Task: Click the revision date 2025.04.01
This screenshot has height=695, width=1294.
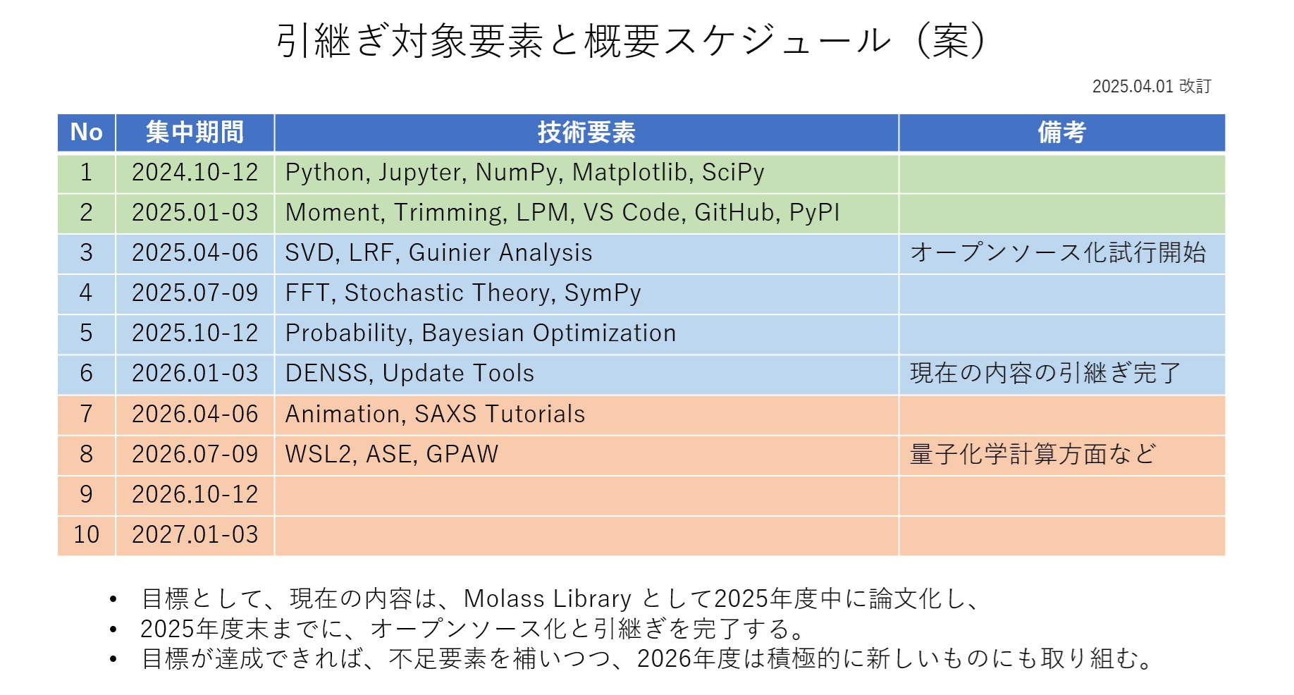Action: (1133, 86)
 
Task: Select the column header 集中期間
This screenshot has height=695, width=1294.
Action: (195, 132)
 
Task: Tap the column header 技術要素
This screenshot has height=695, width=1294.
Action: (586, 132)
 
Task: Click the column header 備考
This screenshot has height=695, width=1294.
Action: (1061, 132)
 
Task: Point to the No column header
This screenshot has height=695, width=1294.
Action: (87, 132)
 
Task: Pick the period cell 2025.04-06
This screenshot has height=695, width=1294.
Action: (195, 252)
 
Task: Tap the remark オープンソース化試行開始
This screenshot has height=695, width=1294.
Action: (1058, 252)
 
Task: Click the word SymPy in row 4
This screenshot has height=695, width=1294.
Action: (603, 293)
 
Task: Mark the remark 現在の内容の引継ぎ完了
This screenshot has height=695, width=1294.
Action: (1045, 373)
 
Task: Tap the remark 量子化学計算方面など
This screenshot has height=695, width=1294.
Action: (1033, 454)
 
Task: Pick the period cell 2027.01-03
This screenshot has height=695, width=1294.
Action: (195, 534)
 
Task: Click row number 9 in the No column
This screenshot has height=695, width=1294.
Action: (86, 494)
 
